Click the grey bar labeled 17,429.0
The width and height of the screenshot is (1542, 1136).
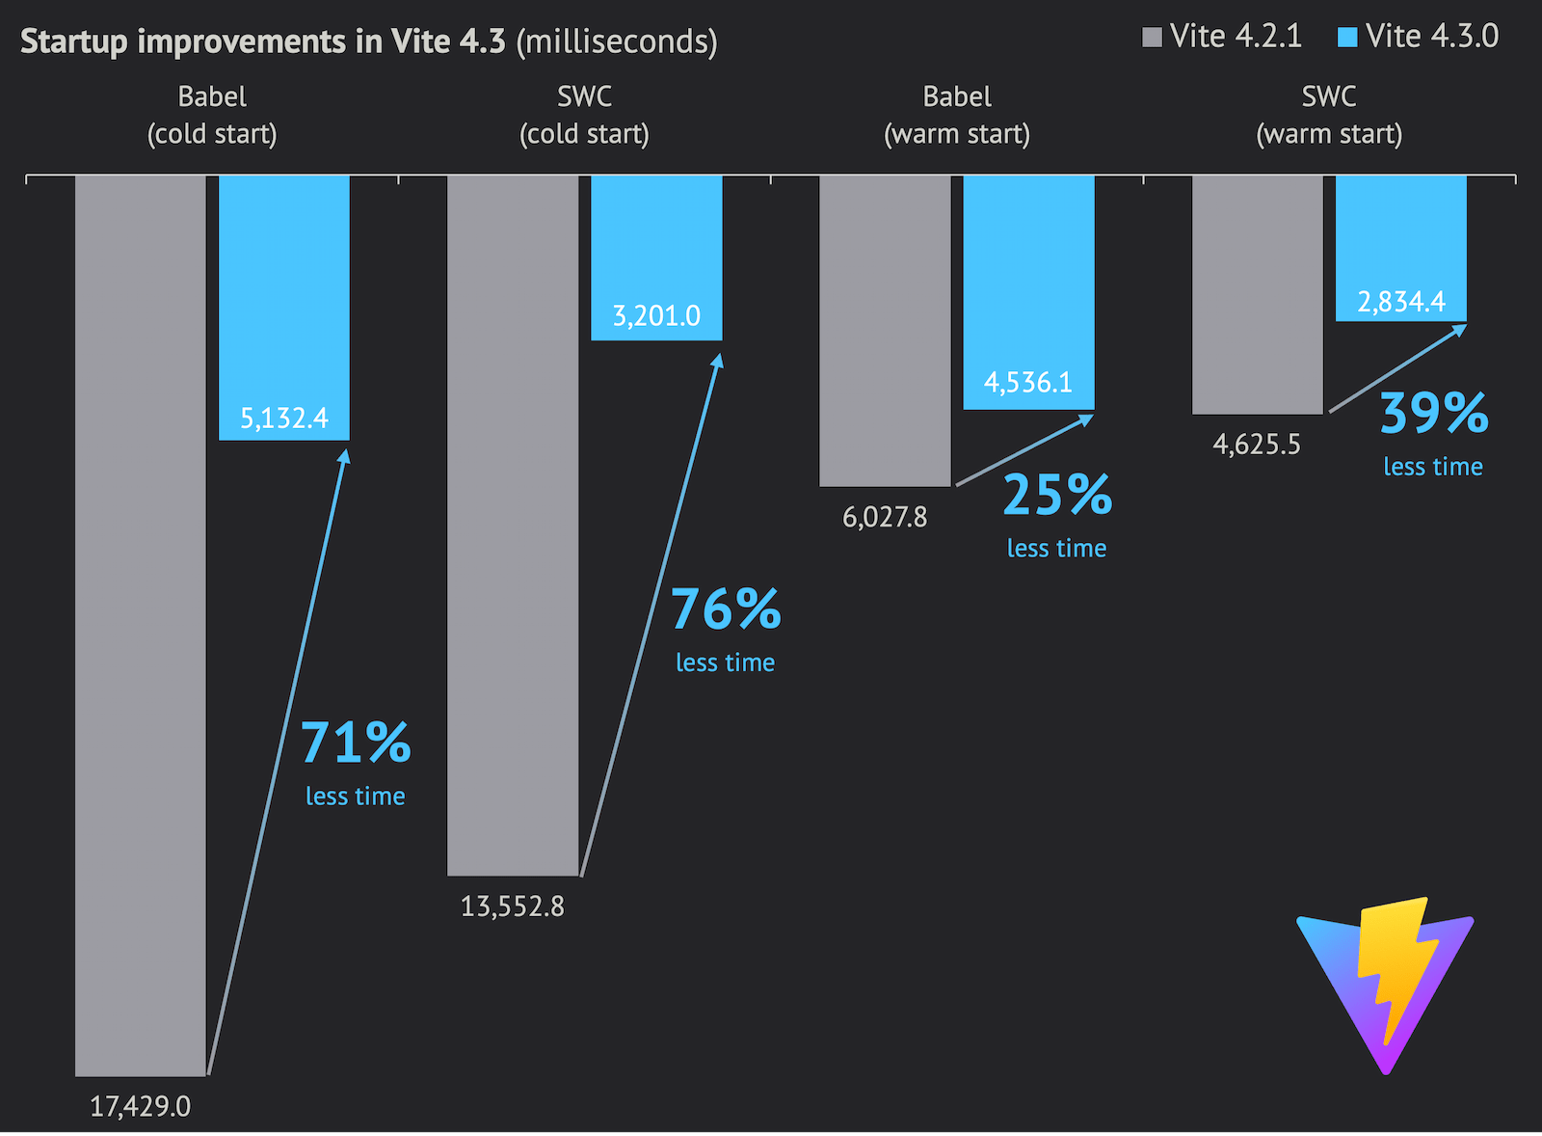point(141,627)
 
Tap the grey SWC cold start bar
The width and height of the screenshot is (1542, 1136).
point(513,526)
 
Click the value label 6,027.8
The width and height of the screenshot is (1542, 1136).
point(885,518)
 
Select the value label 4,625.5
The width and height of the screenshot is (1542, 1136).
point(1257,445)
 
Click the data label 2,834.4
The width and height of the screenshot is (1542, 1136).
point(1401,302)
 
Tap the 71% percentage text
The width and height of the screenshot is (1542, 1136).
point(356,743)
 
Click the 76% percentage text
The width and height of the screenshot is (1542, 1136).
point(726,609)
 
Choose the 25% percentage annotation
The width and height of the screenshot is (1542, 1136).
point(1057,496)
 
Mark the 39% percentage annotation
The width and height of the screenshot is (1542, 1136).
point(1434,414)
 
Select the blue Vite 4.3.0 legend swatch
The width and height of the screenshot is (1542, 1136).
point(1347,38)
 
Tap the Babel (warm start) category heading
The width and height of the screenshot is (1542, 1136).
point(957,115)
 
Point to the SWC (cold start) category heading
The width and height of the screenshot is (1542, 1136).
point(585,115)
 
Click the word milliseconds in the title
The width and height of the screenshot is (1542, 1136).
point(617,41)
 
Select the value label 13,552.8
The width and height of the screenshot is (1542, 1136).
point(513,906)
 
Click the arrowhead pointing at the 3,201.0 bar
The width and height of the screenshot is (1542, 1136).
point(718,360)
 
